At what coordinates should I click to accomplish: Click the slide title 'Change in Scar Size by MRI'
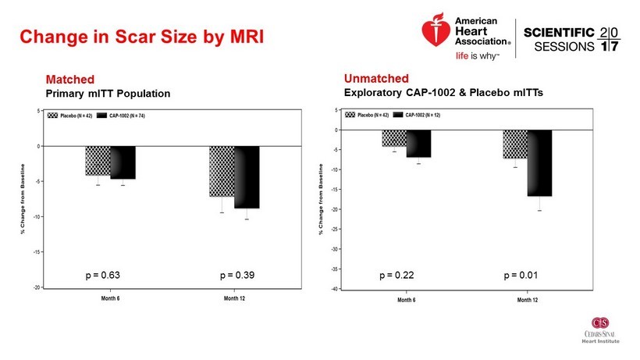coord(140,37)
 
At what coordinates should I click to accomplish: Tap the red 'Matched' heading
coord(70,80)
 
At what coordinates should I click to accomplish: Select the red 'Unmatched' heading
coord(376,79)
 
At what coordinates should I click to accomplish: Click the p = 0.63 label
coord(101,276)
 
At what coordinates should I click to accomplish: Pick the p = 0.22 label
coord(396,276)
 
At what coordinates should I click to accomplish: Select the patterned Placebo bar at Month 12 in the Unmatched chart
coord(515,144)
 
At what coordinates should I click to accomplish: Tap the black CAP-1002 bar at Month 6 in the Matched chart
coord(123,162)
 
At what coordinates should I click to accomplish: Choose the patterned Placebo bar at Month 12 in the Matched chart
coord(222,171)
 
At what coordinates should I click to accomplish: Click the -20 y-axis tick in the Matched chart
coord(37,287)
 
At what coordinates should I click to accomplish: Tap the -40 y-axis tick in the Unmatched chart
coord(334,289)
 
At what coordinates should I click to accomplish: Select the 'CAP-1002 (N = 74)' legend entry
coord(127,115)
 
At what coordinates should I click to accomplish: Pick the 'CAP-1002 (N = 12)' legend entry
coord(422,115)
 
